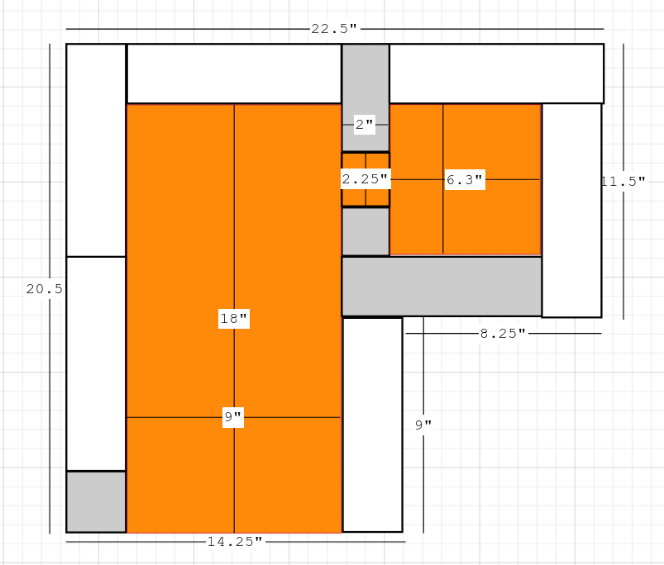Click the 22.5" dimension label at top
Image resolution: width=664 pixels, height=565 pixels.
coord(334,29)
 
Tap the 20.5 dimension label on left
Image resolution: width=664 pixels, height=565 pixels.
coord(45,289)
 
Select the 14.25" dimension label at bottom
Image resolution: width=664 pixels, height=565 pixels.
coord(235,541)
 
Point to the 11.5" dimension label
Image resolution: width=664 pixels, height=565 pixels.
coord(623,182)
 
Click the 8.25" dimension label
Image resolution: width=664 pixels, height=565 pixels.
coord(503,334)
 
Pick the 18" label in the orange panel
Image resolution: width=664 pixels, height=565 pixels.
coord(234,319)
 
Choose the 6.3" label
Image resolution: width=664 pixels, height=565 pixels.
coord(465,180)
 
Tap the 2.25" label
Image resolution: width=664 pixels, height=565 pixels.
coord(365,179)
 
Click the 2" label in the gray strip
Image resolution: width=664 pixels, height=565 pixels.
coord(364,125)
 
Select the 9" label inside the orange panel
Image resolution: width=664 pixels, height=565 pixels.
coord(233,417)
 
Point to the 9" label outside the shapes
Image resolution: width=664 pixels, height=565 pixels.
coord(423,425)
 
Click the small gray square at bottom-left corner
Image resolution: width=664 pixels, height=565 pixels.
coord(96,501)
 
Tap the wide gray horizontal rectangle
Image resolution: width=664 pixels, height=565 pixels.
coord(442,287)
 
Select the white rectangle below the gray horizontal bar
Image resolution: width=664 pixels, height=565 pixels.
coord(372,425)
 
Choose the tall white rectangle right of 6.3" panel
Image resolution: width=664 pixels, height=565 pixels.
coord(571,210)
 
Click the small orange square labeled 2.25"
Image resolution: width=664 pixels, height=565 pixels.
coord(365,179)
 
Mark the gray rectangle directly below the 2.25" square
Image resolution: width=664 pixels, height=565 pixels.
coord(365,231)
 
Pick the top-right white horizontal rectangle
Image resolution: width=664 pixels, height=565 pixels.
coord(497,74)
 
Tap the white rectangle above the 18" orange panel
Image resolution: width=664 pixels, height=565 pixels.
coord(234,74)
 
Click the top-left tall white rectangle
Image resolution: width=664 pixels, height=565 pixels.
coord(96,150)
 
